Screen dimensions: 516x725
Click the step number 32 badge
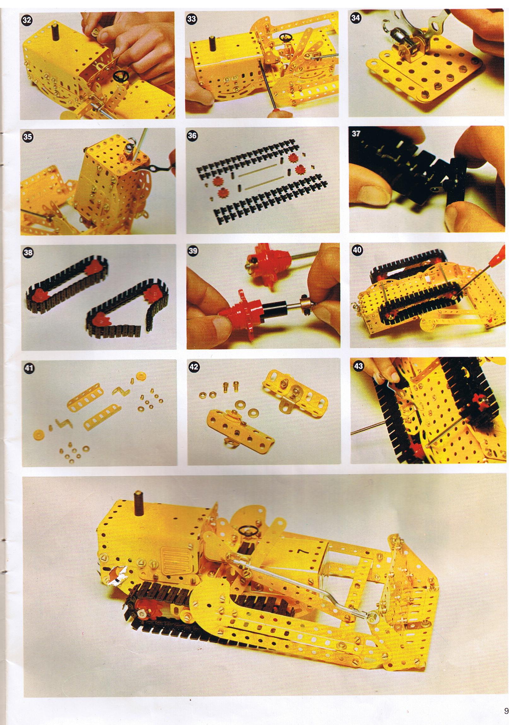[x=27, y=20]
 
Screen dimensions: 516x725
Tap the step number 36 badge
[x=192, y=136]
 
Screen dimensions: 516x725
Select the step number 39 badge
[x=193, y=251]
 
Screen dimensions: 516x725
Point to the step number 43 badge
[x=358, y=366]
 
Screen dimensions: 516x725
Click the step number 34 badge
[x=355, y=18]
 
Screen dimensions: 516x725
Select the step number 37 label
[x=356, y=133]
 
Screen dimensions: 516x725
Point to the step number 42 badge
[x=194, y=367]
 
